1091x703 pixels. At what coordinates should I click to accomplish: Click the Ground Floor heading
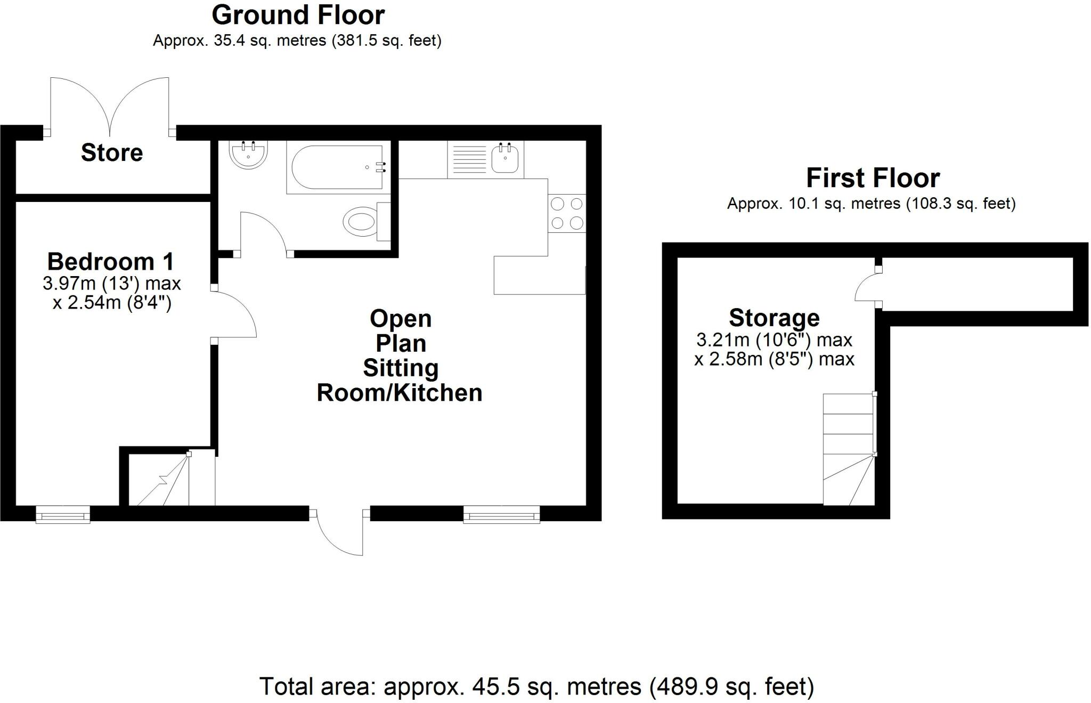pos(298,15)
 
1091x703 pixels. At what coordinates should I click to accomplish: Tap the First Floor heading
pos(872,178)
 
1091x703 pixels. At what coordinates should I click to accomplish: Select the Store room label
pos(112,153)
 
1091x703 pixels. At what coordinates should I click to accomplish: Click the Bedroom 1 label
pos(111,262)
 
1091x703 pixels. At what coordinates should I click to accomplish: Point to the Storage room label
pos(774,318)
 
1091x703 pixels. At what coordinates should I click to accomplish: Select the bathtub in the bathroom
pos(335,167)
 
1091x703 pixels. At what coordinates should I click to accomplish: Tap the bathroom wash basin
pos(248,154)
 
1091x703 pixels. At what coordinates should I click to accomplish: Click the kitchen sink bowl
pos(504,158)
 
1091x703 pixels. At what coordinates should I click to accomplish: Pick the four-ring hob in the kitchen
pos(566,213)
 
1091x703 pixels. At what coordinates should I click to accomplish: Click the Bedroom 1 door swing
pos(234,314)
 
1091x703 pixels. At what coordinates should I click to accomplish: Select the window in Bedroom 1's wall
pos(63,515)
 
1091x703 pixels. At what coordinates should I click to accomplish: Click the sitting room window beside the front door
pos(501,515)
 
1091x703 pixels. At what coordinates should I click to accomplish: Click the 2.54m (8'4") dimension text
pos(112,303)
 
